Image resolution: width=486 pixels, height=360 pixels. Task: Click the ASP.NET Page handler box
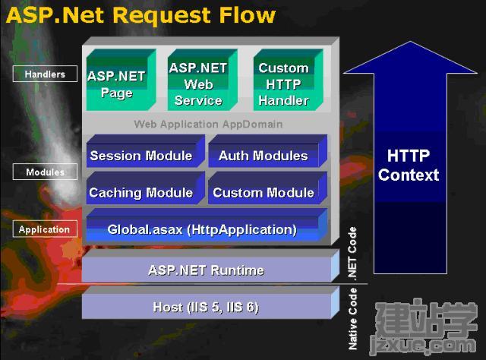tap(121, 80)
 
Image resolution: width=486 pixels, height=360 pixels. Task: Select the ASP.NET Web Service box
tap(203, 80)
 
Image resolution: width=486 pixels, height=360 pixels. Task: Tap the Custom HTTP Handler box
tap(289, 80)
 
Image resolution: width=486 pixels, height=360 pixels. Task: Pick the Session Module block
tap(145, 151)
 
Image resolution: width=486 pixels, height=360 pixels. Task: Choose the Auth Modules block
tap(268, 151)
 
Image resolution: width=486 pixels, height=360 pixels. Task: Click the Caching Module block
tap(145, 188)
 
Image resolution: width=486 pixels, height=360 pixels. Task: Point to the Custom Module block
tap(268, 188)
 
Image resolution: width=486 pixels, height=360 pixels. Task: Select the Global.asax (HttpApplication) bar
tap(207, 225)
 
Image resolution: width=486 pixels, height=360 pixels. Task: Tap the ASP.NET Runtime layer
tap(210, 266)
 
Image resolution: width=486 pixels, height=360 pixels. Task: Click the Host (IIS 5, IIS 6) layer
tap(210, 302)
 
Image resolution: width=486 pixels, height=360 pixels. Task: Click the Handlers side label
tap(45, 74)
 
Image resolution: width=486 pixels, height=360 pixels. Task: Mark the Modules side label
tap(45, 172)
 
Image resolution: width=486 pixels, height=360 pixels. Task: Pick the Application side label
tap(45, 229)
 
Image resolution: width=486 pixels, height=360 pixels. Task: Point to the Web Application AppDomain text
tap(208, 124)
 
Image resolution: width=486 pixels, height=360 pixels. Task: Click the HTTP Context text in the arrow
tap(409, 166)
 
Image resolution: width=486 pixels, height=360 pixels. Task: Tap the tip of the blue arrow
tap(410, 41)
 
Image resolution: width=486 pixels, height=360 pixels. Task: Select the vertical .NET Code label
tap(352, 254)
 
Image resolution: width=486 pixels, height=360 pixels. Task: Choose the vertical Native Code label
tap(352, 319)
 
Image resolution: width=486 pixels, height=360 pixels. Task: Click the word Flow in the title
tap(248, 15)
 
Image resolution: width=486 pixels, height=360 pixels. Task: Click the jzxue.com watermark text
tap(424, 344)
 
